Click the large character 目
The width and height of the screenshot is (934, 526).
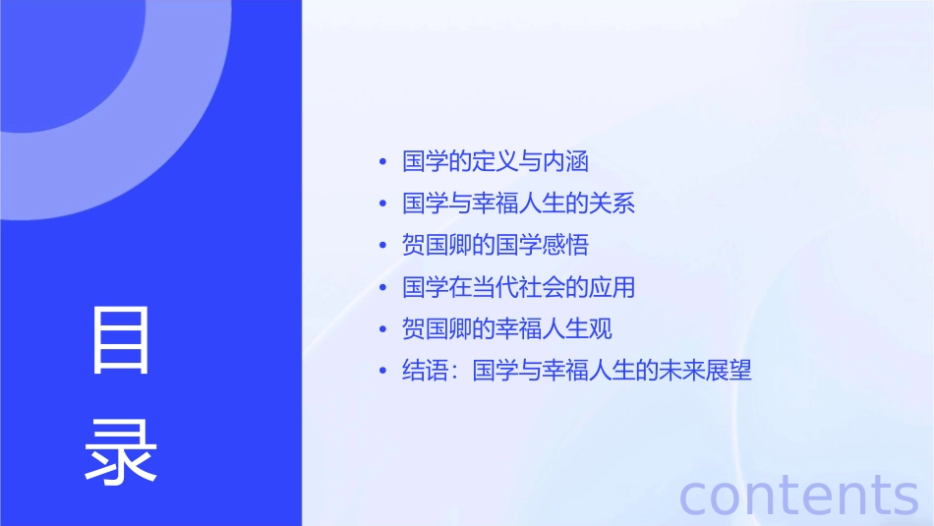(121, 341)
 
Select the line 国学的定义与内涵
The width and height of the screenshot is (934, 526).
(496, 161)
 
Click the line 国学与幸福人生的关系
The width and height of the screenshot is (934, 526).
(519, 204)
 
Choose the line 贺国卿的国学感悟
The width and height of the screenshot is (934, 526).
(496, 245)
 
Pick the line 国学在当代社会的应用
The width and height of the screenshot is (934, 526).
(519, 287)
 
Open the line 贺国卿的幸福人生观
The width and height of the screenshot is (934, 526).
(507, 328)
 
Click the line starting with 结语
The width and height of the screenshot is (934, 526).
(577, 371)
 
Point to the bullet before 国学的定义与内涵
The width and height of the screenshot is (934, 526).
(382, 162)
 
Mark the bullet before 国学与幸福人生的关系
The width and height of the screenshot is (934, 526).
(382, 204)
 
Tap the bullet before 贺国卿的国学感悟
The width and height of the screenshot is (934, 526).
(382, 246)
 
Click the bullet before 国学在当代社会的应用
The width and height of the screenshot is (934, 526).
(382, 287)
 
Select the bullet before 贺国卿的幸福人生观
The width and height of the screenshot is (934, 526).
(382, 329)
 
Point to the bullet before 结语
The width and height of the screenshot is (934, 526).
(382, 371)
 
